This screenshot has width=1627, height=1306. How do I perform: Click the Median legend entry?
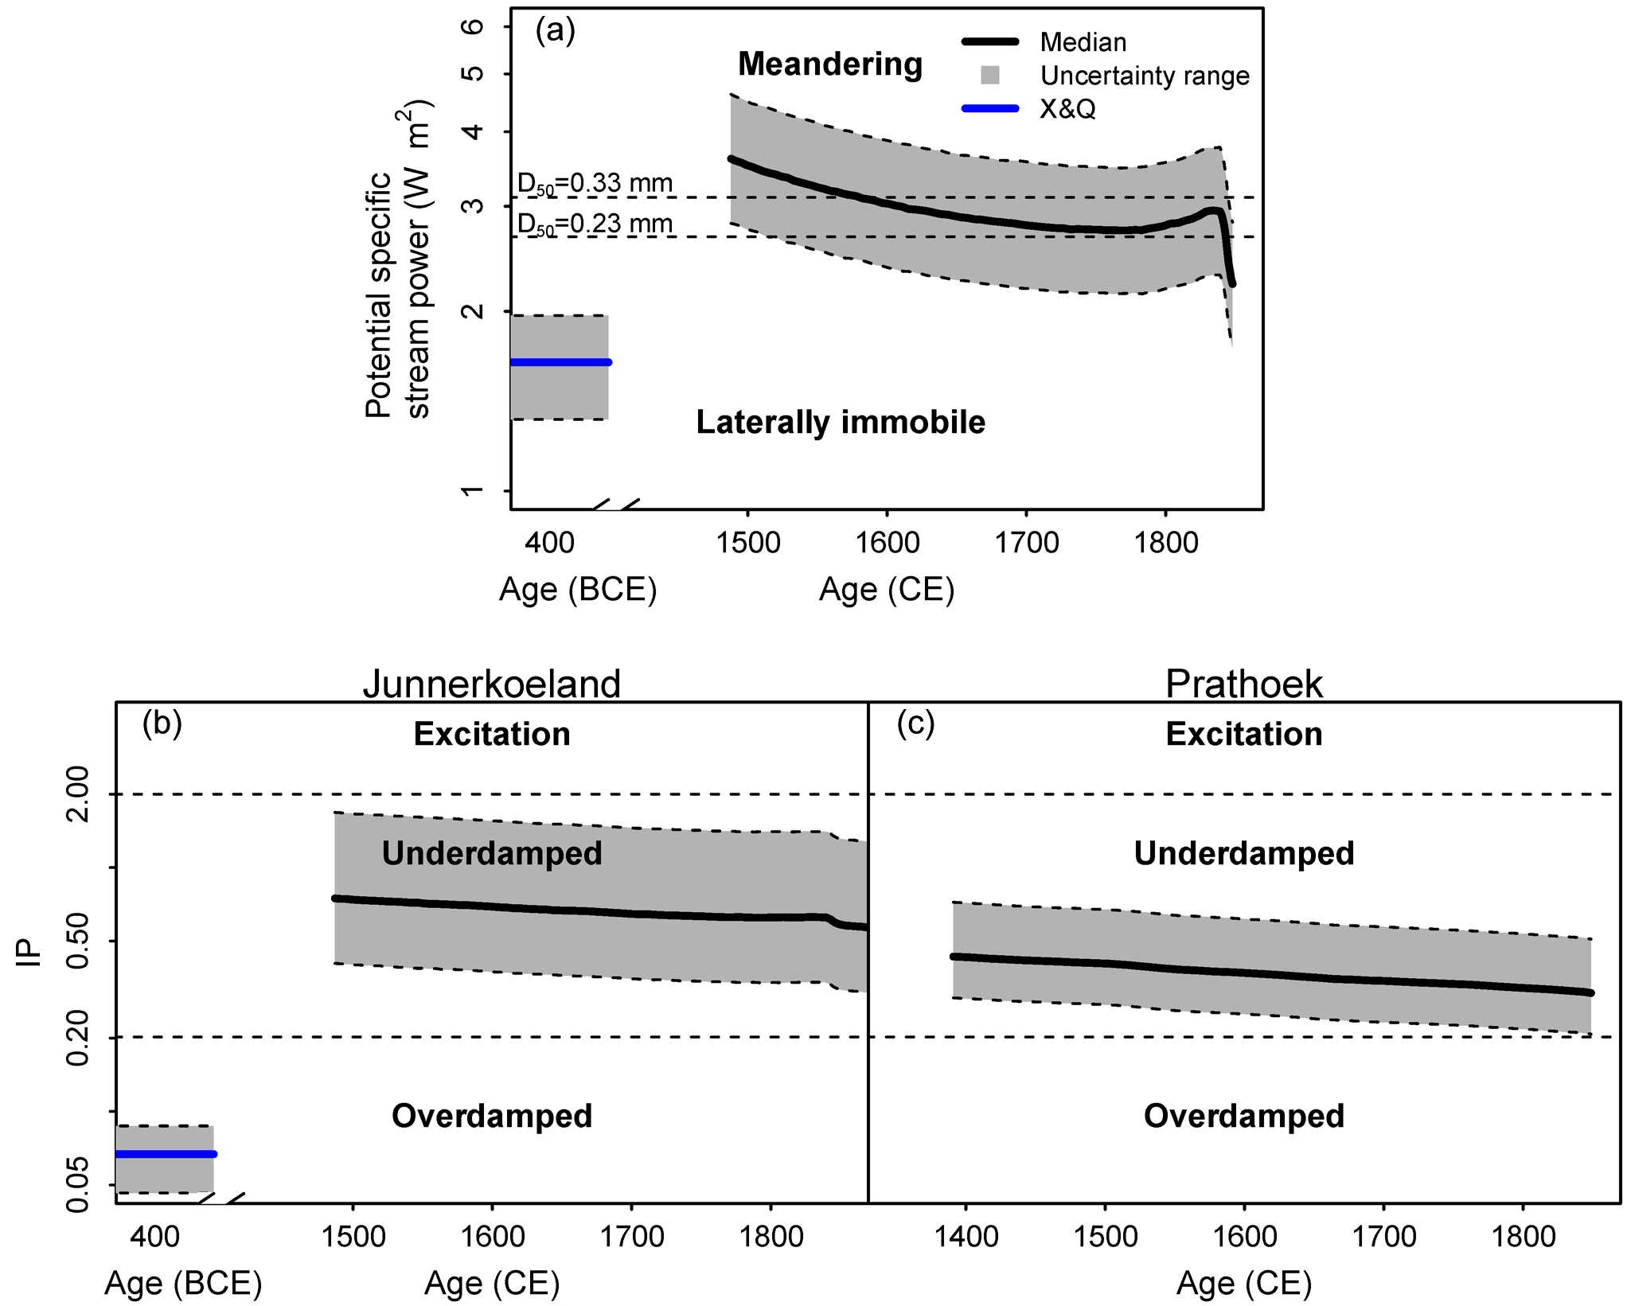point(1083,42)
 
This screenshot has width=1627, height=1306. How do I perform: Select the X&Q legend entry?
point(1067,108)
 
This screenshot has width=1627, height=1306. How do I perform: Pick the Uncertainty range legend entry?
point(1144,76)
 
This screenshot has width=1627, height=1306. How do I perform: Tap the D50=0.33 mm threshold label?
point(595,184)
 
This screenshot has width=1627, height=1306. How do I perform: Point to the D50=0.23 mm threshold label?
point(595,224)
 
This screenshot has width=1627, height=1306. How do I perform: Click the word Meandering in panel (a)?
point(829,64)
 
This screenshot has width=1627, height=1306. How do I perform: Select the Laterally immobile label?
point(841,422)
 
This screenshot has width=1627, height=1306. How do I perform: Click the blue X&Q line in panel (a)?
point(560,362)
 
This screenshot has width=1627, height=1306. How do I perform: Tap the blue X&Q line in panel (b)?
point(166,1153)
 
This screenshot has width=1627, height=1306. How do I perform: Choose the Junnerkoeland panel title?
point(491,684)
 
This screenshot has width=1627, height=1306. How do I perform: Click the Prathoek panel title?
point(1243,684)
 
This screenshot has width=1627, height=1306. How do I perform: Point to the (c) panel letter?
point(915,723)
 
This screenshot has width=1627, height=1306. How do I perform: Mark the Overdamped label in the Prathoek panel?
point(1243,1116)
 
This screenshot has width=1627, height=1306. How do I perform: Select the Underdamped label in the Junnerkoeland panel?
point(491,853)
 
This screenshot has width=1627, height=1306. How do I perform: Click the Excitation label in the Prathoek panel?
point(1243,734)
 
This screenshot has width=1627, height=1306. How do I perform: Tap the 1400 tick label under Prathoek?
point(966,1237)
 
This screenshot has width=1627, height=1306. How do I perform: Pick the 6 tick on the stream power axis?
point(473,26)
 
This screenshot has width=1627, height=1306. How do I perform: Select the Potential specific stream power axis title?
point(397,259)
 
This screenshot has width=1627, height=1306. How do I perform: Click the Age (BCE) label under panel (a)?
point(578,590)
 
